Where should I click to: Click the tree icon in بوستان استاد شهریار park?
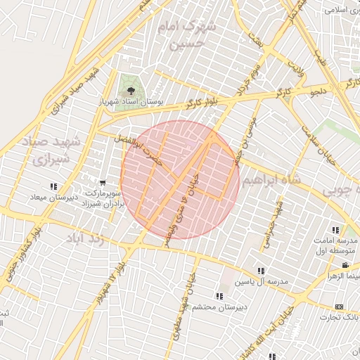pyautogui.click(x=130, y=91)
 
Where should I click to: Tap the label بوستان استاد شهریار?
pyautogui.click(x=132, y=102)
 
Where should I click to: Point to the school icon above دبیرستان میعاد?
pyautogui.click(x=53, y=186)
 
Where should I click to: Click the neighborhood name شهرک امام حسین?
pyautogui.click(x=185, y=36)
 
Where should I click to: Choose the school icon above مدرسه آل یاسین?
pyautogui.click(x=261, y=271)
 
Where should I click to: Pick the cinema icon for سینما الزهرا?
pyautogui.click(x=345, y=265)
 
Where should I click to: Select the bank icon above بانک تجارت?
pyautogui.click(x=339, y=307)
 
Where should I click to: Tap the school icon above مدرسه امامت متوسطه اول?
pyautogui.click(x=335, y=229)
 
